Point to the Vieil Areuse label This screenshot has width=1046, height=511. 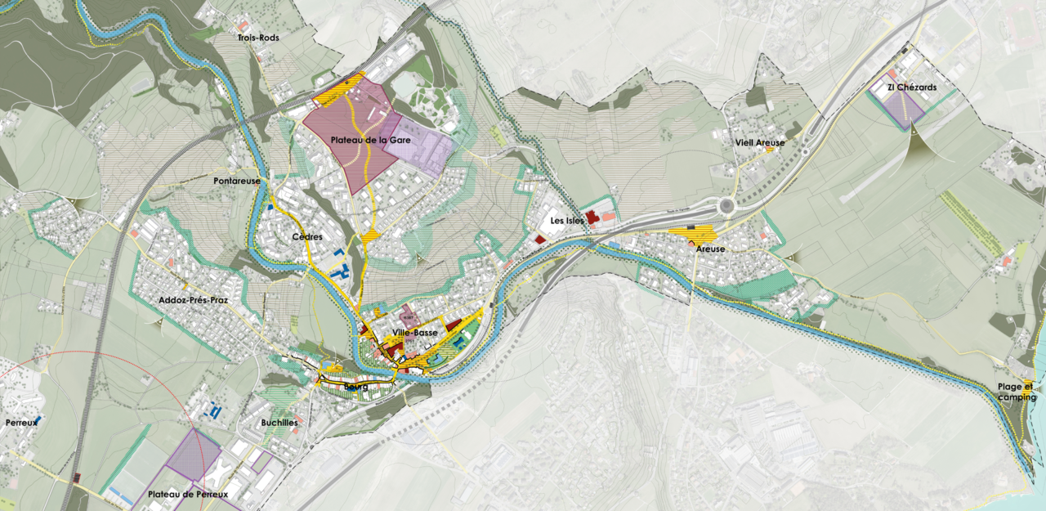pos(759,142)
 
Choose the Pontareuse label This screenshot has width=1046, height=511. pos(237,181)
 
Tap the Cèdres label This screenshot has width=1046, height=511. pos(306,237)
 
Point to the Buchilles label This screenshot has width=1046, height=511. pos(278,423)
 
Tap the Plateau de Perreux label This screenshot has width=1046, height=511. pos(188,495)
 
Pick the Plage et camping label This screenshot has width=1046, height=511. pos(1016,392)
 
